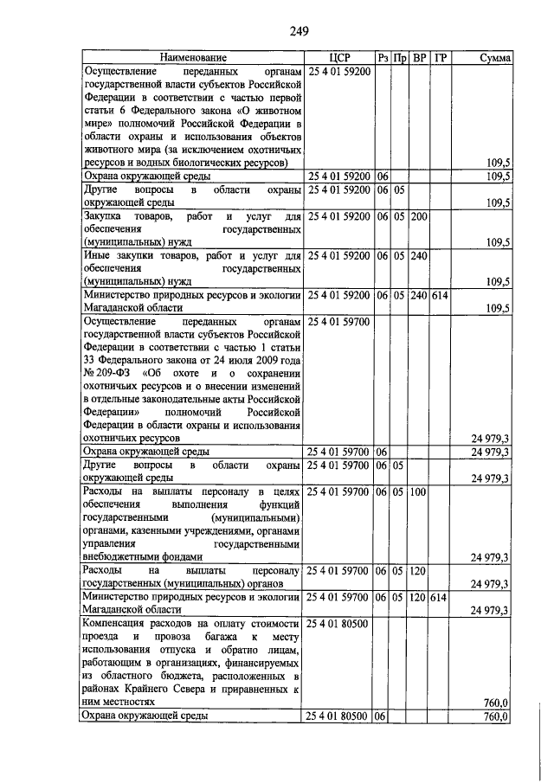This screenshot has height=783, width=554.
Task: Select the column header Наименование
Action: [x=191, y=57]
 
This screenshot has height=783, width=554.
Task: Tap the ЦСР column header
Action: [x=338, y=57]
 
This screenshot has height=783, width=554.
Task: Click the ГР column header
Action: [x=441, y=57]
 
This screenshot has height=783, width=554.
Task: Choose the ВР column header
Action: [x=419, y=57]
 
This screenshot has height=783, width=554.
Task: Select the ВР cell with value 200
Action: [x=419, y=215]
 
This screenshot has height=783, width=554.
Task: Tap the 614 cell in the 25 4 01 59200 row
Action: [x=441, y=295]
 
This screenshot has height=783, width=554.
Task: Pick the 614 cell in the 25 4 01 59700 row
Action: [x=441, y=597]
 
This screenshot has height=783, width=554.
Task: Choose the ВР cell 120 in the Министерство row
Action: [x=419, y=597]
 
